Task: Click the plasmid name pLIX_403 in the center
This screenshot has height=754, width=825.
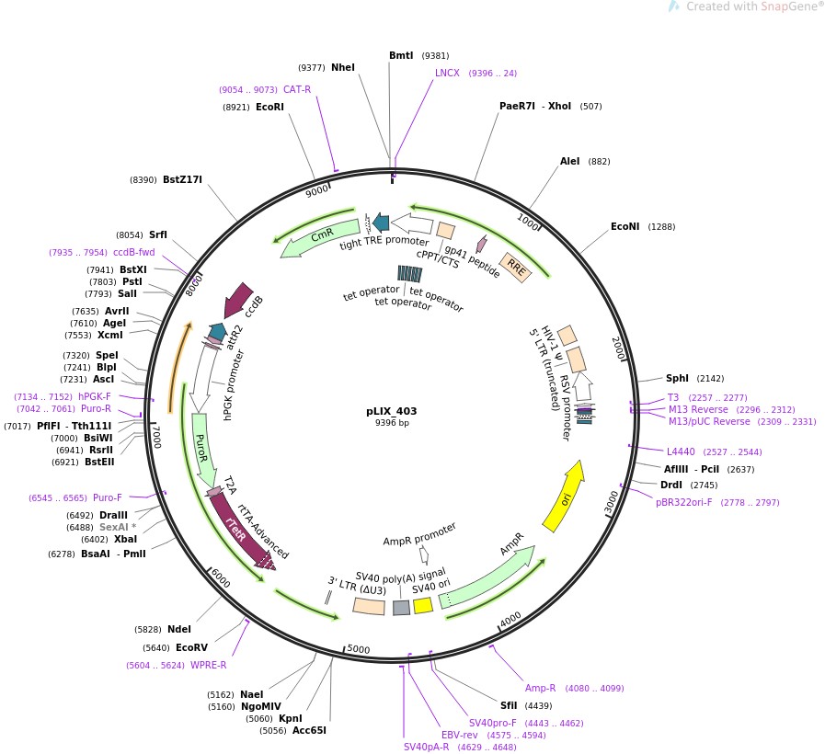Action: (392, 411)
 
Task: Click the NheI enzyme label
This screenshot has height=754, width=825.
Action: (342, 67)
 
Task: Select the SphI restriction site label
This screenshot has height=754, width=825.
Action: (677, 378)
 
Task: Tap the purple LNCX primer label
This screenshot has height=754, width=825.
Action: (447, 73)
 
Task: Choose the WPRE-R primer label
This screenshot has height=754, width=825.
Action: (208, 665)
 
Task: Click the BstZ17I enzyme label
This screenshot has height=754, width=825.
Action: (182, 180)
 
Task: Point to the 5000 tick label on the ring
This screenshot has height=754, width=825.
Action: (358, 649)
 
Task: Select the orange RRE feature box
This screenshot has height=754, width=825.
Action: (516, 268)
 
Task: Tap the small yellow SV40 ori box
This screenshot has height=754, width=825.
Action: (423, 605)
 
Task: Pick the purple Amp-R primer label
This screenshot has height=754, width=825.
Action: (541, 688)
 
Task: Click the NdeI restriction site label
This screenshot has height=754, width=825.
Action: (179, 629)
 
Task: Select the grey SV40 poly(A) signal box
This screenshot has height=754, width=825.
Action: (401, 608)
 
